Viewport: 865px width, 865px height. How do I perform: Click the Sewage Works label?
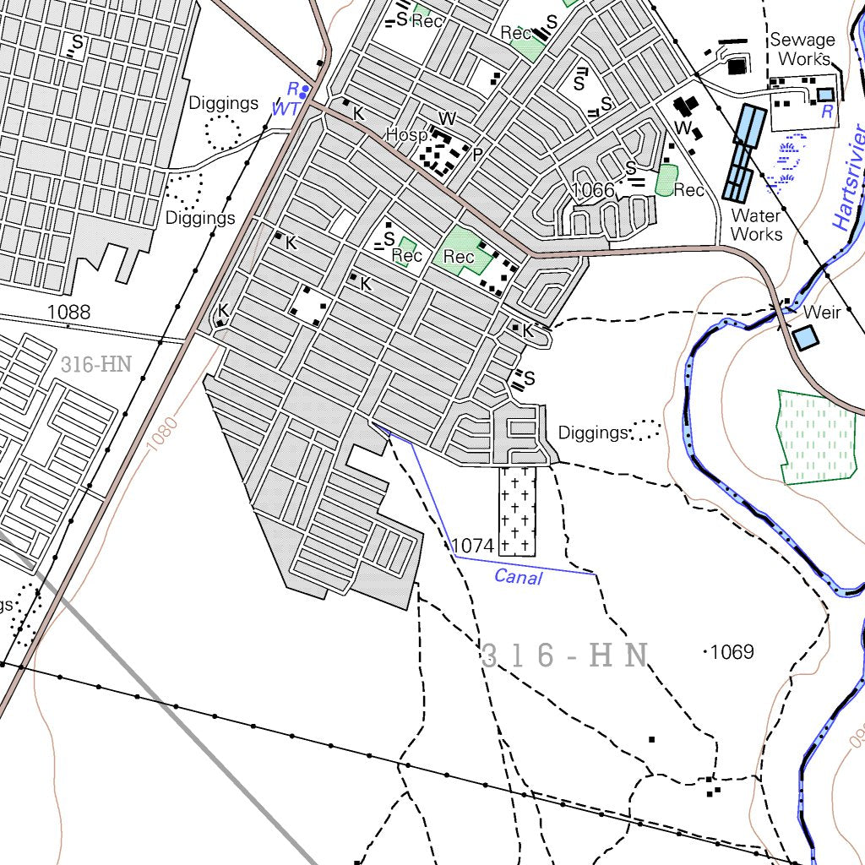(802, 49)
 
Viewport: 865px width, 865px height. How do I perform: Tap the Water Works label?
(756, 225)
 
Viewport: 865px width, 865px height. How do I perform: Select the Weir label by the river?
(822, 313)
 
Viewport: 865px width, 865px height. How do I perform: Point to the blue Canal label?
(518, 577)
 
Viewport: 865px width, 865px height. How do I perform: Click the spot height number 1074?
(472, 546)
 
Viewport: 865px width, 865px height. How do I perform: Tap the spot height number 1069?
(732, 651)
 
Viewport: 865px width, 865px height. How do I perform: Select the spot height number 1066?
(593, 189)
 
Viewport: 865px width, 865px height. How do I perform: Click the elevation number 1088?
(68, 312)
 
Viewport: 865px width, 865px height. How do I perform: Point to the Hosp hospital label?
(406, 135)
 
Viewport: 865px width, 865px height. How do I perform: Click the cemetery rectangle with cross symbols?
(517, 511)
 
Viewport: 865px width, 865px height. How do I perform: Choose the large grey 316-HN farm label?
(564, 656)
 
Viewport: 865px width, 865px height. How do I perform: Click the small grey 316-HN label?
(96, 365)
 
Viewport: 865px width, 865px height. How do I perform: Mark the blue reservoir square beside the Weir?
(806, 338)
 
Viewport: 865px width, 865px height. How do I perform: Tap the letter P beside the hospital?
(477, 155)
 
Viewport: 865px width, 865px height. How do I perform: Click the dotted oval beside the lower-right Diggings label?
(645, 430)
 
